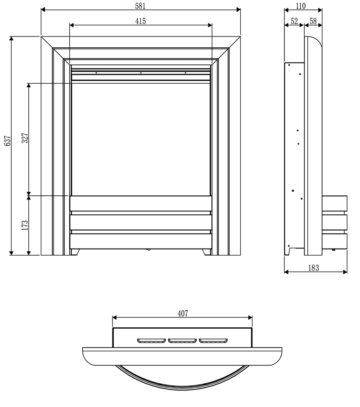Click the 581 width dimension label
pyautogui.click(x=141, y=6)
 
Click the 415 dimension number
pyautogui.click(x=141, y=21)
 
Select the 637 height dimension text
pyautogui.click(x=7, y=141)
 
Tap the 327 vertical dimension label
pyautogui.click(x=25, y=138)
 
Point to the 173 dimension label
pyautogui.click(x=25, y=225)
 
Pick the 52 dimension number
pyautogui.click(x=294, y=21)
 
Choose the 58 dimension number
pyautogui.click(x=313, y=21)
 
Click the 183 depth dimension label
pyautogui.click(x=314, y=268)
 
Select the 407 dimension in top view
pyautogui.click(x=182, y=313)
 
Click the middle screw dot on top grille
pyautogui.click(x=141, y=72)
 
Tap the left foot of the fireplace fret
pyautogui.click(x=76, y=252)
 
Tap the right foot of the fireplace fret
pyautogui.click(x=207, y=252)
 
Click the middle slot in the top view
pyautogui.click(x=182, y=340)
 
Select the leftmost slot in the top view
pyautogui.click(x=152, y=340)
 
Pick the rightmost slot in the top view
pyautogui.click(x=213, y=340)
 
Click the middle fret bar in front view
pyautogui.click(x=141, y=222)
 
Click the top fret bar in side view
pyautogui.click(x=335, y=203)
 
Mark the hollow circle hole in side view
pyautogui.click(x=298, y=144)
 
